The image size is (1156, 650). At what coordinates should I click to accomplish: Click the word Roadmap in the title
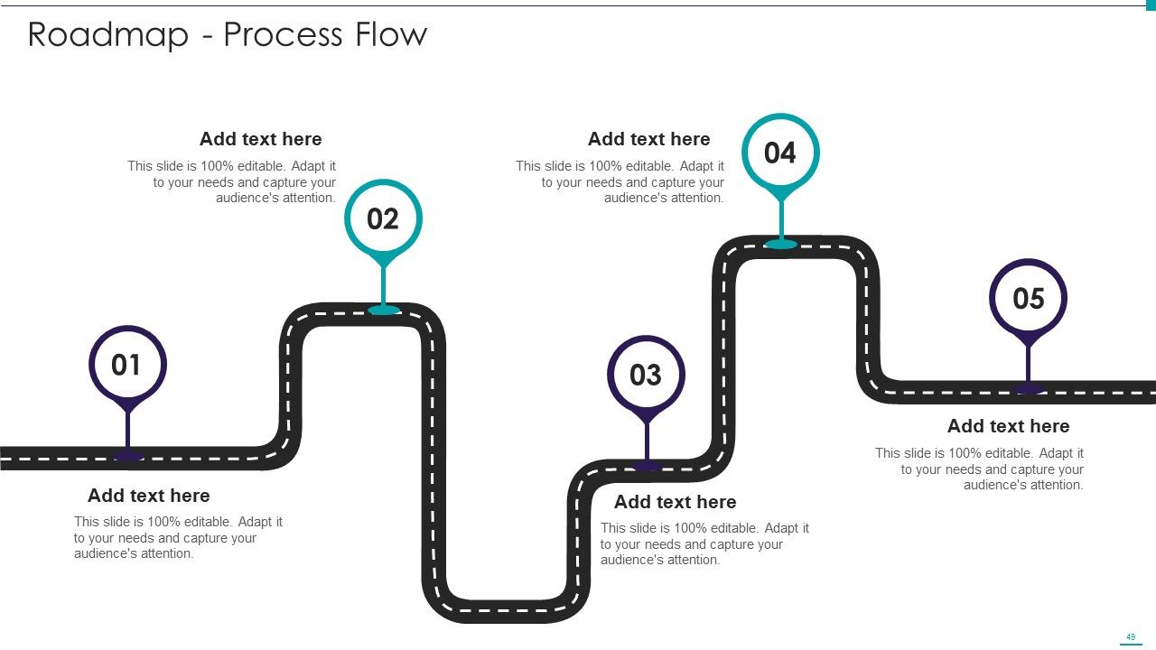[x=108, y=35]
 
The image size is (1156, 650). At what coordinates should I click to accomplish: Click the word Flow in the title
[x=391, y=34]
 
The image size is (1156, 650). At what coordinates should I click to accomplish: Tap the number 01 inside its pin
[x=126, y=365]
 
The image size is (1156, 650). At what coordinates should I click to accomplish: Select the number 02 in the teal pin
[x=383, y=218]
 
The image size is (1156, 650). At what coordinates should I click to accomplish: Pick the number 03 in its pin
[x=646, y=375]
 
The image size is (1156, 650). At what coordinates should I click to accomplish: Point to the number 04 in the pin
[x=780, y=153]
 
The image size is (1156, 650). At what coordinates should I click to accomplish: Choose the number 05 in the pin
[x=1029, y=299]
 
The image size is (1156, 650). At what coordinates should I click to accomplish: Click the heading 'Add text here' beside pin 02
[x=261, y=139]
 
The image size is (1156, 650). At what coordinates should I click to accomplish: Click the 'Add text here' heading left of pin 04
[x=648, y=139]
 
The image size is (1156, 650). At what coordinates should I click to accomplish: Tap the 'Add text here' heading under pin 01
[x=149, y=496]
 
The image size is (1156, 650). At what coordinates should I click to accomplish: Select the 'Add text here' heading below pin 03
[x=675, y=501]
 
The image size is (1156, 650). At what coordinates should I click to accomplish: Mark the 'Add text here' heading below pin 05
[x=1009, y=426]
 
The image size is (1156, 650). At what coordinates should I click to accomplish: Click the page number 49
[x=1131, y=637]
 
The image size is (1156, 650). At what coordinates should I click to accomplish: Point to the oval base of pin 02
[x=384, y=310]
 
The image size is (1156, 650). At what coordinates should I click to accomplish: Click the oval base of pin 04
[x=781, y=244]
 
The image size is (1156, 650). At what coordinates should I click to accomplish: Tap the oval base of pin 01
[x=128, y=456]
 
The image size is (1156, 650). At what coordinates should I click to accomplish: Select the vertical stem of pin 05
[x=1029, y=366]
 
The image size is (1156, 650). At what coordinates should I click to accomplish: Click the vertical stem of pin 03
[x=646, y=442]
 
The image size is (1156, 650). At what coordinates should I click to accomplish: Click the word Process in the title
[x=283, y=35]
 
